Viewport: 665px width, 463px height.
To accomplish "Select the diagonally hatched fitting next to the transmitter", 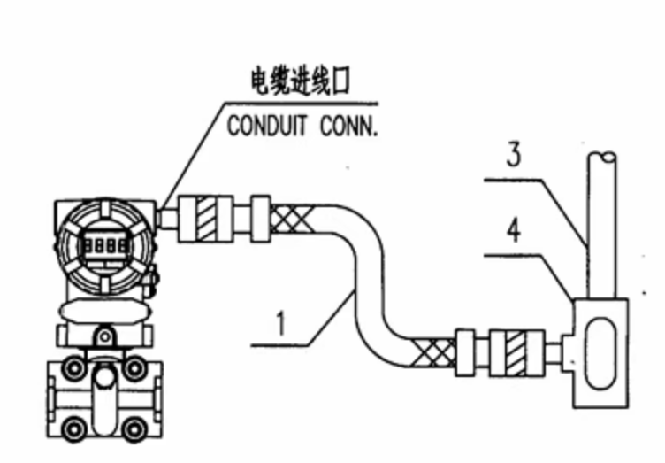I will (x=205, y=217).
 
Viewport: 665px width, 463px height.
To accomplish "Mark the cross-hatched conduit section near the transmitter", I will (x=288, y=217).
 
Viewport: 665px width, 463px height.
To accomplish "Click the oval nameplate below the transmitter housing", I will (x=100, y=311).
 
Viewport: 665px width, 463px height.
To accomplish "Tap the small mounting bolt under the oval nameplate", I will (x=105, y=337).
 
